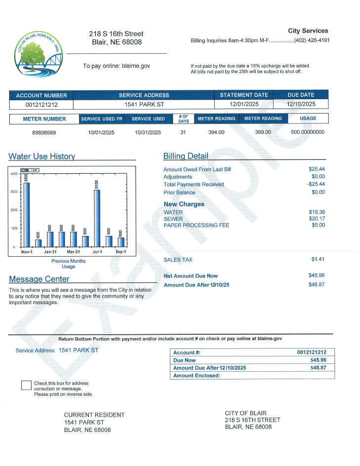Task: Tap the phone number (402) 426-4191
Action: click(312, 40)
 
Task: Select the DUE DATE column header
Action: click(301, 95)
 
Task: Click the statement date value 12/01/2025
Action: click(244, 104)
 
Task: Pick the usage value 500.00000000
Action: click(308, 132)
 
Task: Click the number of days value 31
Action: click(183, 132)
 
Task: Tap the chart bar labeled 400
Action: click(38, 242)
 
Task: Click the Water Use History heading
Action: click(41, 156)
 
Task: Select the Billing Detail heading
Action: click(186, 156)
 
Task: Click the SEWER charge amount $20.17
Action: click(317, 219)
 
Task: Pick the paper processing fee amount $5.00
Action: click(318, 225)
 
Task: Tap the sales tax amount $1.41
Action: click(318, 259)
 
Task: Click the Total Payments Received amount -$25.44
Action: click(316, 184)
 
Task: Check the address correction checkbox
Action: click(26, 386)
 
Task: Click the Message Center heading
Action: click(39, 279)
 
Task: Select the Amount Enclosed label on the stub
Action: click(197, 376)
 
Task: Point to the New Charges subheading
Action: click(184, 204)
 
